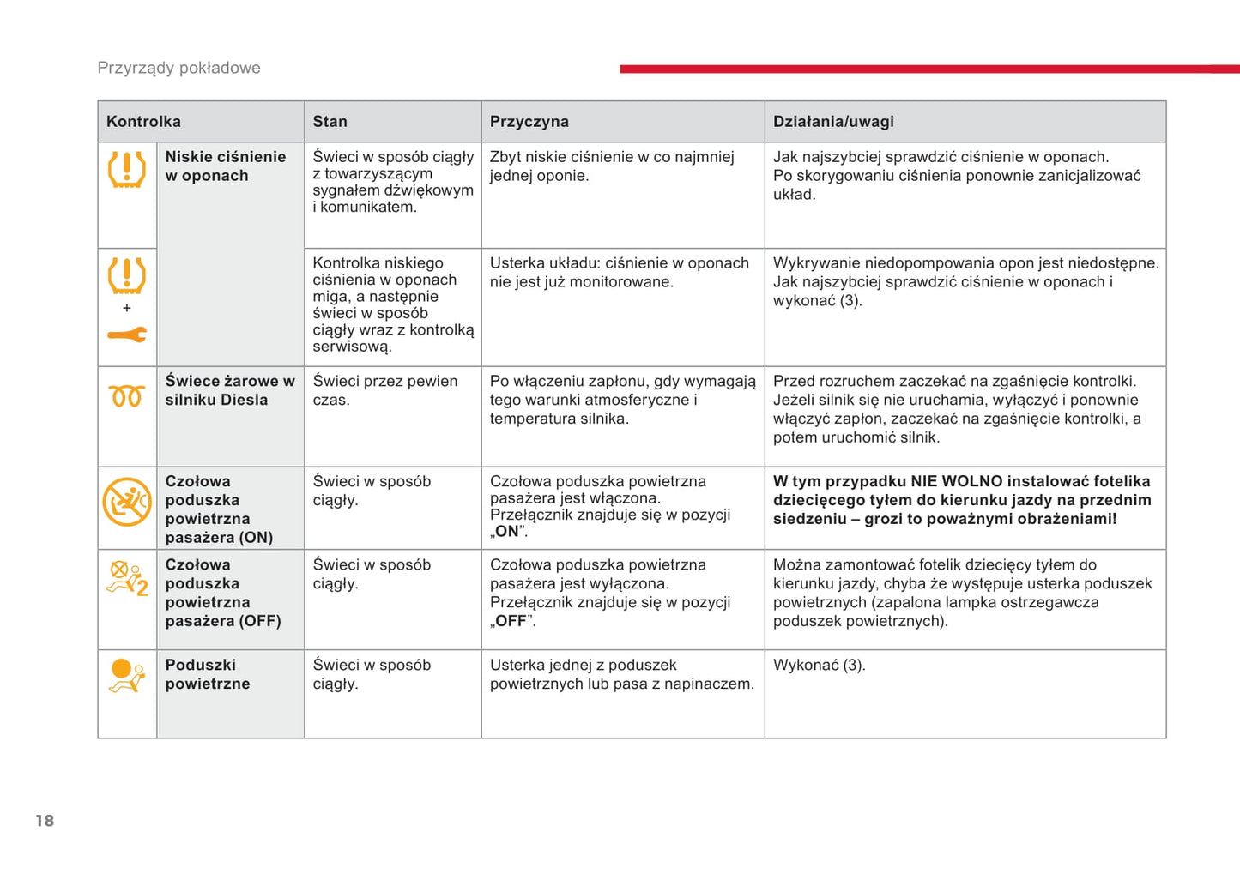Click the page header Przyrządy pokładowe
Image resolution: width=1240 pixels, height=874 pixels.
[x=178, y=68]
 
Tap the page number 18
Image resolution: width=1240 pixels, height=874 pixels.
[x=45, y=821]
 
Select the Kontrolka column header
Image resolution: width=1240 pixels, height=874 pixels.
[x=143, y=122]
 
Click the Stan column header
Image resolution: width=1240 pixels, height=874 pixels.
[x=330, y=122]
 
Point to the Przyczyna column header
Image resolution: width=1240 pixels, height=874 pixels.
[x=529, y=122]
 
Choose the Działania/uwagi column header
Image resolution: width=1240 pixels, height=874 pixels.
[x=833, y=122]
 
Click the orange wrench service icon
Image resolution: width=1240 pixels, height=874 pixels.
[x=127, y=335]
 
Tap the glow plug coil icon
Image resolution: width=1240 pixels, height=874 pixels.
[x=126, y=396]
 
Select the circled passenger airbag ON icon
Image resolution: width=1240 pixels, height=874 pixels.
[x=127, y=502]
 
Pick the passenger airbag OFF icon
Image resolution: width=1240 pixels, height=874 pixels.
[x=127, y=578]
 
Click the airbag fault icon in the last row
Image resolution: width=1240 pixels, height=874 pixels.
[x=127, y=675]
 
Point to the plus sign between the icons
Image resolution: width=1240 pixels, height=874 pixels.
[x=127, y=308]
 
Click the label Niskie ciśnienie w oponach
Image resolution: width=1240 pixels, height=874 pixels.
[x=225, y=166]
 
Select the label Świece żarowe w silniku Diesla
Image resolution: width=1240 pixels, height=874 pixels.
[x=229, y=390]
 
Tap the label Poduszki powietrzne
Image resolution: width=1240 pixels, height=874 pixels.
[x=208, y=674]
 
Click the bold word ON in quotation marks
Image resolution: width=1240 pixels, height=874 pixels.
[x=507, y=532]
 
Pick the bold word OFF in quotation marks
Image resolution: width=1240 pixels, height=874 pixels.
[x=511, y=621]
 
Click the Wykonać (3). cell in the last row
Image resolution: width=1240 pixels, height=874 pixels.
[x=819, y=666]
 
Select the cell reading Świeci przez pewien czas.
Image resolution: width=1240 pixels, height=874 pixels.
[x=384, y=390]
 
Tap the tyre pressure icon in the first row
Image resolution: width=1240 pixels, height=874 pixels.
[x=127, y=169]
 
